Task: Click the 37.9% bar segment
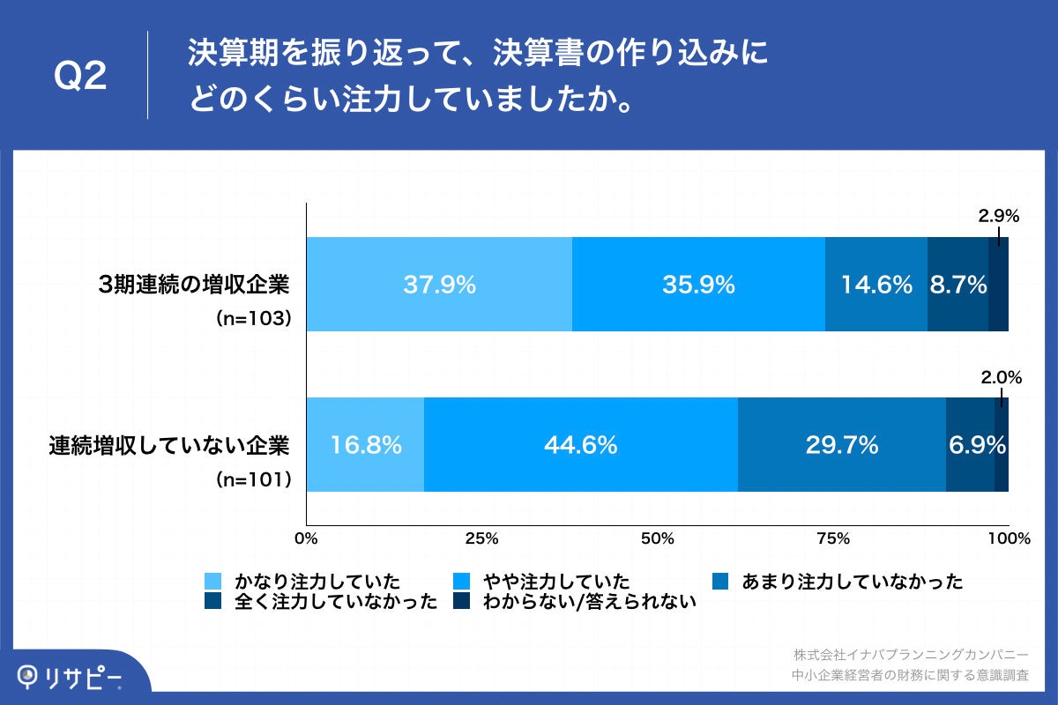pyautogui.click(x=439, y=285)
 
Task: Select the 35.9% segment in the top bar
pyautogui.click(x=698, y=285)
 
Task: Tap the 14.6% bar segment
pyautogui.click(x=875, y=285)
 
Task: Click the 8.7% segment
pyautogui.click(x=957, y=285)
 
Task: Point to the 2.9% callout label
pyautogui.click(x=998, y=215)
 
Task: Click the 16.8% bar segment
pyautogui.click(x=365, y=445)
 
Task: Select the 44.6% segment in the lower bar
pyautogui.click(x=580, y=445)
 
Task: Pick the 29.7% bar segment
pyautogui.click(x=841, y=445)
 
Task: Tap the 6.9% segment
pyautogui.click(x=970, y=445)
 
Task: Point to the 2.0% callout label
pyautogui.click(x=1001, y=377)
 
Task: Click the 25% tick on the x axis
pyautogui.click(x=481, y=538)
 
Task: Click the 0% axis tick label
pyautogui.click(x=306, y=538)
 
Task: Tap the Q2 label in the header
pyautogui.click(x=80, y=78)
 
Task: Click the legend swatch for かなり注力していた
pyautogui.click(x=212, y=582)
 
